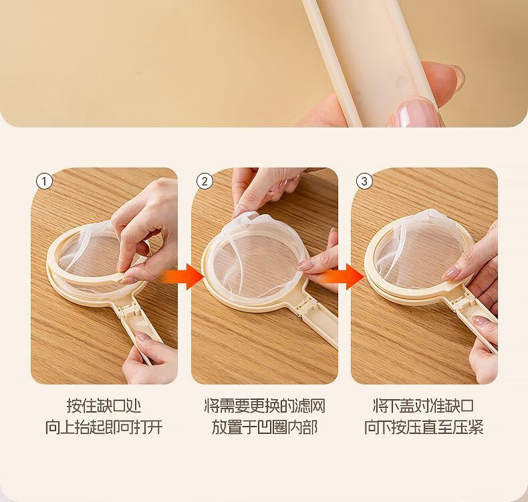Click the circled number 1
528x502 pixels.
coord(44,182)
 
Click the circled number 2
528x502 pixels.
coord(205,182)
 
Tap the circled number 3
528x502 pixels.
coord(364,182)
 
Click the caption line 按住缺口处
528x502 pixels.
coord(104,405)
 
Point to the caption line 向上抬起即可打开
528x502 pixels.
coord(104,427)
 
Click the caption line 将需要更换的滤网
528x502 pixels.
coord(265,405)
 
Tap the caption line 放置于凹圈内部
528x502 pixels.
coord(265,427)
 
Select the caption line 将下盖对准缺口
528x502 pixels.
coord(424,405)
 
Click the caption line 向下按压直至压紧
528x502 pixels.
coord(424,427)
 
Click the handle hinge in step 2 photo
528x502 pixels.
coord(305,306)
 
